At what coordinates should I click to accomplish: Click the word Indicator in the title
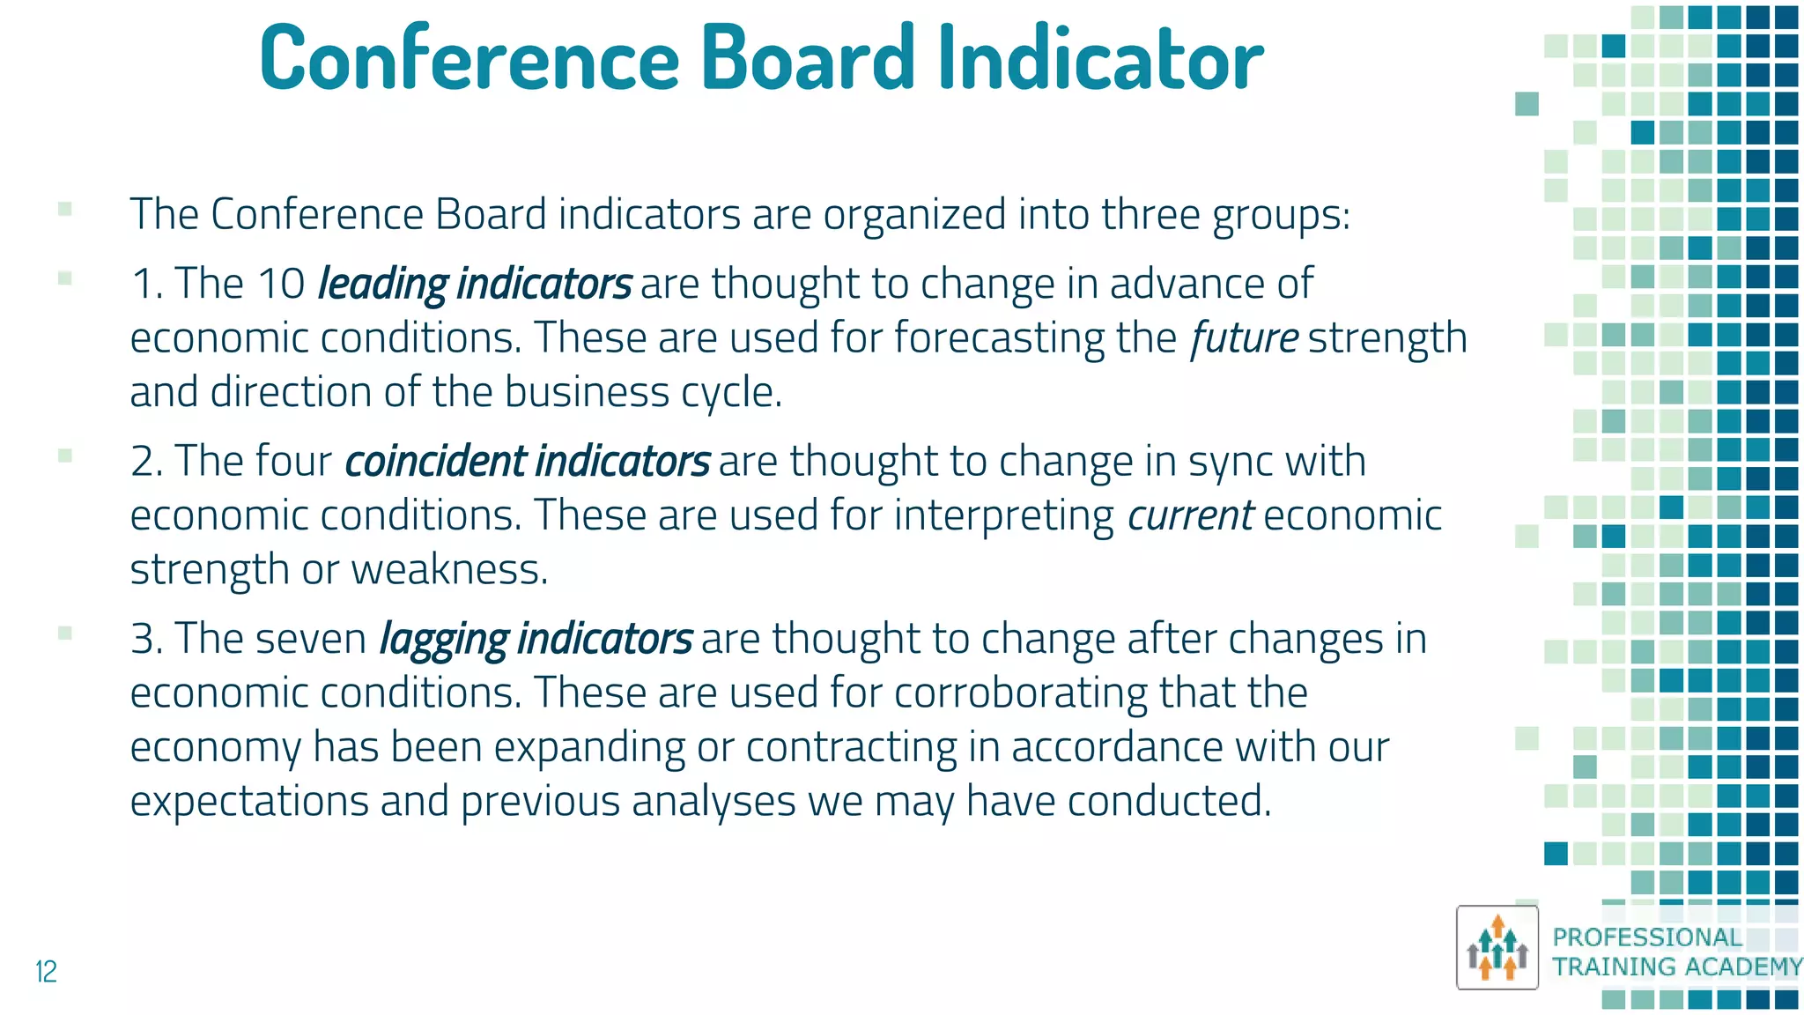point(1100,58)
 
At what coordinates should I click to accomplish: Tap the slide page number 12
point(46,971)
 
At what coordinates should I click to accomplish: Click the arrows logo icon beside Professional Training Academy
point(1497,947)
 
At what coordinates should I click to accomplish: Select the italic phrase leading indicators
point(474,285)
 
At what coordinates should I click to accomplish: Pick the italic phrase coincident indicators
point(527,462)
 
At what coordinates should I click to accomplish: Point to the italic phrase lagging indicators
point(536,640)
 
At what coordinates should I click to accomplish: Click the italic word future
point(1244,338)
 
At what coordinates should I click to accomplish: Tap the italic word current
point(1190,515)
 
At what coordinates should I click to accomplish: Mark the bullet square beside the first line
point(64,209)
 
